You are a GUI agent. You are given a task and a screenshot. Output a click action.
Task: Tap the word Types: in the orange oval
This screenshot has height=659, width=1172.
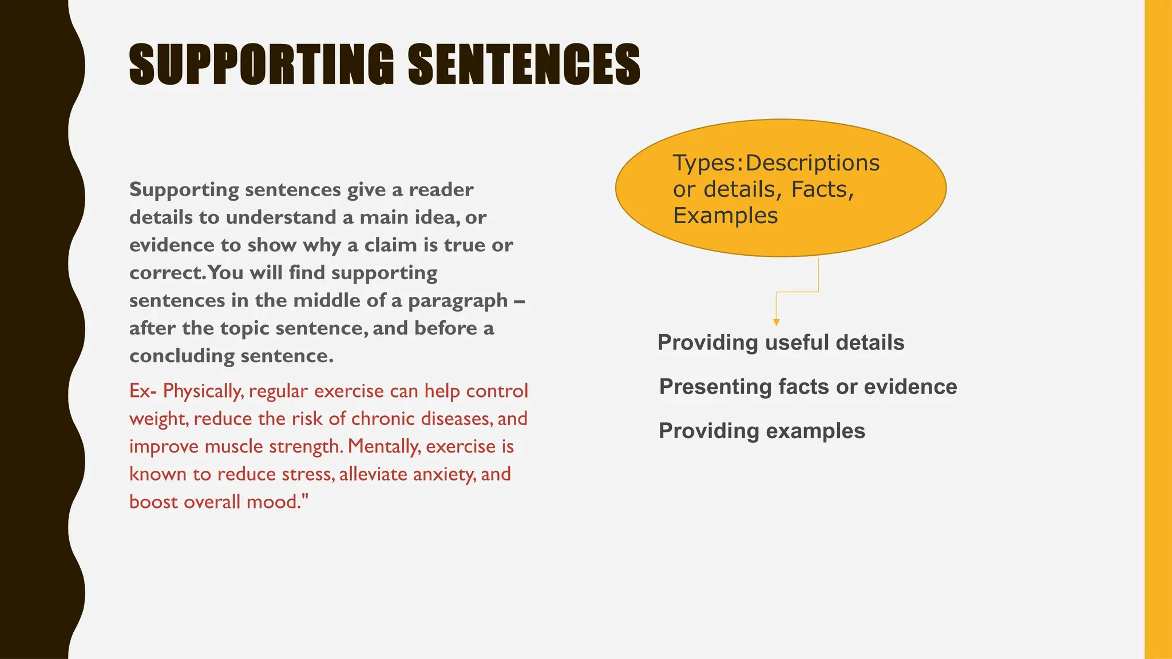[x=707, y=163]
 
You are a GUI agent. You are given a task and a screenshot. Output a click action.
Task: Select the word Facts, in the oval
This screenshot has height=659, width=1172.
[x=822, y=189]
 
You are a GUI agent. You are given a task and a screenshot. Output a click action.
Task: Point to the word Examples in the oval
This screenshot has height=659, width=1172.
[x=725, y=216]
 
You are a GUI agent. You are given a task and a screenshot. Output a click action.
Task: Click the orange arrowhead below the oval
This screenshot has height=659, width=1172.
[x=776, y=322]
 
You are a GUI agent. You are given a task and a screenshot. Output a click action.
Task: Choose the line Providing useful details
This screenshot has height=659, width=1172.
[x=781, y=343]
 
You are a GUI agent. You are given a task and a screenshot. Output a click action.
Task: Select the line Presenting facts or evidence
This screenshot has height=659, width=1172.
[x=807, y=387]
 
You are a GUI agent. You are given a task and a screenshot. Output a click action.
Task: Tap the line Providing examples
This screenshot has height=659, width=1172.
[x=762, y=431]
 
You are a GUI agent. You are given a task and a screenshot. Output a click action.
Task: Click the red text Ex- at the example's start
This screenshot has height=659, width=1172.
[x=142, y=391]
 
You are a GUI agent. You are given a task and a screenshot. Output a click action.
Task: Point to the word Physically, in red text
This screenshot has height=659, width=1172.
[x=203, y=391]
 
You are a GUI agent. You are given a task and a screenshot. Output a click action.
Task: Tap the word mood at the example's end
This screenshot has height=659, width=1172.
[x=272, y=502]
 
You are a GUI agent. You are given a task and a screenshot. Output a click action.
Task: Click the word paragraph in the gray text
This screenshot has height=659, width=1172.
[x=458, y=301]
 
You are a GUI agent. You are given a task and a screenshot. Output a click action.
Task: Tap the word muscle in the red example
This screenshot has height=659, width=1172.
[x=234, y=446]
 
